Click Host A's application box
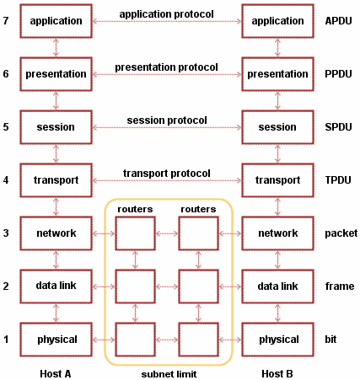click(x=56, y=21)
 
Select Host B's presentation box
click(x=277, y=74)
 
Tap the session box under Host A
click(x=56, y=127)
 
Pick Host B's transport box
click(x=277, y=180)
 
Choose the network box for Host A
click(x=56, y=233)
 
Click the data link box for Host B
click(x=277, y=286)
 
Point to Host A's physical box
click(x=56, y=340)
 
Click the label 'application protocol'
click(x=166, y=14)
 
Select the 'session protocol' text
click(x=166, y=120)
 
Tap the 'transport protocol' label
click(x=166, y=174)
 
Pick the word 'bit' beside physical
click(x=330, y=340)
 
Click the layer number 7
click(x=6, y=21)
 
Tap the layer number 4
click(x=6, y=180)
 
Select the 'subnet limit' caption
click(x=167, y=372)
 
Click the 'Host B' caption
click(x=277, y=372)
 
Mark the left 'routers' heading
click(x=135, y=209)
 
